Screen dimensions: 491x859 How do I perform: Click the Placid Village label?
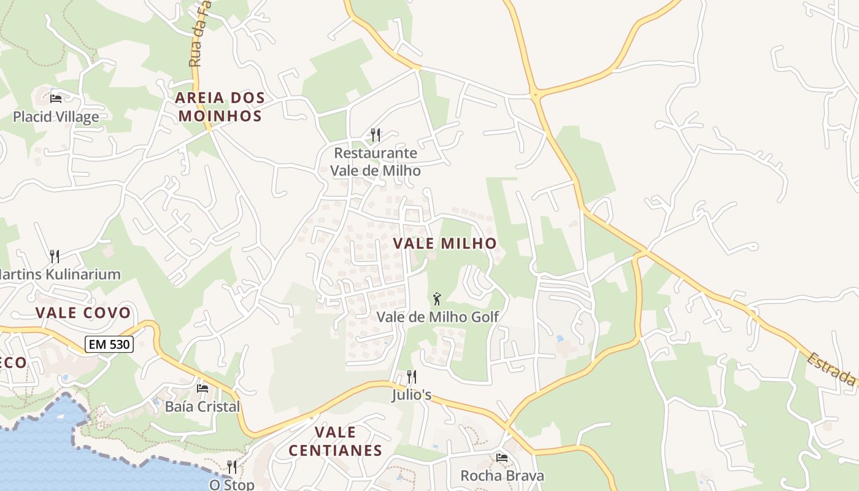pos(56,117)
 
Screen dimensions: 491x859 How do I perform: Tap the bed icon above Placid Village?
pos(56,98)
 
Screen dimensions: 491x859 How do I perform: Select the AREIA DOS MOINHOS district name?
pos(220,106)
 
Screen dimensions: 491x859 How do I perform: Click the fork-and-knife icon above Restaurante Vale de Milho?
pos(376,134)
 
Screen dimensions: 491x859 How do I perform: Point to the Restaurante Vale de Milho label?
pos(376,162)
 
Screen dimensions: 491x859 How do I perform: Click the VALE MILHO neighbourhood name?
pos(444,243)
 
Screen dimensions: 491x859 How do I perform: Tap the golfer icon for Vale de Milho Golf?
pos(437,299)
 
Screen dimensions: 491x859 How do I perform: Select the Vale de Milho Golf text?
pos(437,317)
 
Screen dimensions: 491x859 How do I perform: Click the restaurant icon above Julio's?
pos(412,376)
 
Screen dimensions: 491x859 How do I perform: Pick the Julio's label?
pos(412,395)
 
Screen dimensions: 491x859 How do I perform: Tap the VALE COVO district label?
pos(83,312)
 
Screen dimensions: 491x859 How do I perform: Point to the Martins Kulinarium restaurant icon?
pos(55,256)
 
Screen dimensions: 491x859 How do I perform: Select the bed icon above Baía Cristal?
pos(202,388)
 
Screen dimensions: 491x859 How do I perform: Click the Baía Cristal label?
pos(202,406)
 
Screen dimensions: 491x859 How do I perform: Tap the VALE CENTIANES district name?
pos(335,441)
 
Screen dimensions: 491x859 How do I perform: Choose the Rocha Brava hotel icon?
pos(502,457)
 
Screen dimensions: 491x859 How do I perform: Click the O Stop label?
pos(231,485)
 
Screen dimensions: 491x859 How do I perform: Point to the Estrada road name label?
pos(832,369)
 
